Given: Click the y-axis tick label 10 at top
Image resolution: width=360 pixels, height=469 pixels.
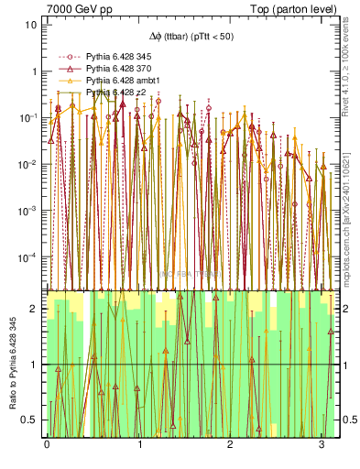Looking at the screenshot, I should [x=31, y=25].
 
